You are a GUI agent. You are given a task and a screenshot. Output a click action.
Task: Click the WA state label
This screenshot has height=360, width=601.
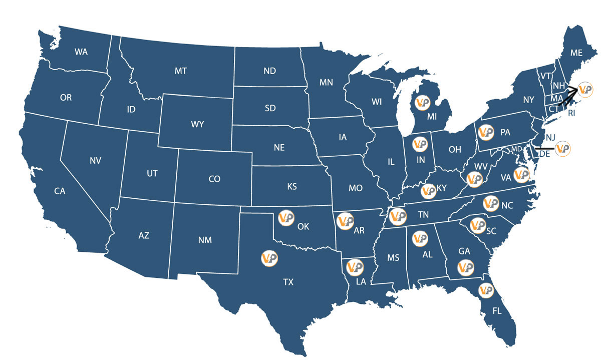point(81,52)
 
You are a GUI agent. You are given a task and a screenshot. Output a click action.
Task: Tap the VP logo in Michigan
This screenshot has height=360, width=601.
point(422,102)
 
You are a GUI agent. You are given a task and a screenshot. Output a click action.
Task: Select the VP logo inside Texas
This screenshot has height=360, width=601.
point(269,258)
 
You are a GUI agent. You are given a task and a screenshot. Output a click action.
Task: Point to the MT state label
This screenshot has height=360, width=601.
point(181,71)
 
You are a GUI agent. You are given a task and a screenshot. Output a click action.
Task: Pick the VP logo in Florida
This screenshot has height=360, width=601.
point(486,290)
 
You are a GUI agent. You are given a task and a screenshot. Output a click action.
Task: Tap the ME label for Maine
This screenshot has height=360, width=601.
point(576,53)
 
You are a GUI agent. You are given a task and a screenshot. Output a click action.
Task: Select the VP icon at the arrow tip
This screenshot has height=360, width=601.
point(585,90)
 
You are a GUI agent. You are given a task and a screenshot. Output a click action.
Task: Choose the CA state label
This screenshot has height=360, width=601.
point(60,191)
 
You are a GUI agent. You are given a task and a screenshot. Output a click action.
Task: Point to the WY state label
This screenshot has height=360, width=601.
point(198,125)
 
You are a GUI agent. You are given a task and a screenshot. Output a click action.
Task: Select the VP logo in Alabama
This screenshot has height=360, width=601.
point(419,238)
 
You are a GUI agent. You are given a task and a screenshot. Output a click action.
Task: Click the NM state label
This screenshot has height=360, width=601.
point(205,240)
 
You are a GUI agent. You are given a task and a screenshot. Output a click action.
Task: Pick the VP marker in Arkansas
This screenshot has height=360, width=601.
point(345,221)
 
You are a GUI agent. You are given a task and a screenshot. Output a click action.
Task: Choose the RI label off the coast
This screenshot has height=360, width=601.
point(571,114)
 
